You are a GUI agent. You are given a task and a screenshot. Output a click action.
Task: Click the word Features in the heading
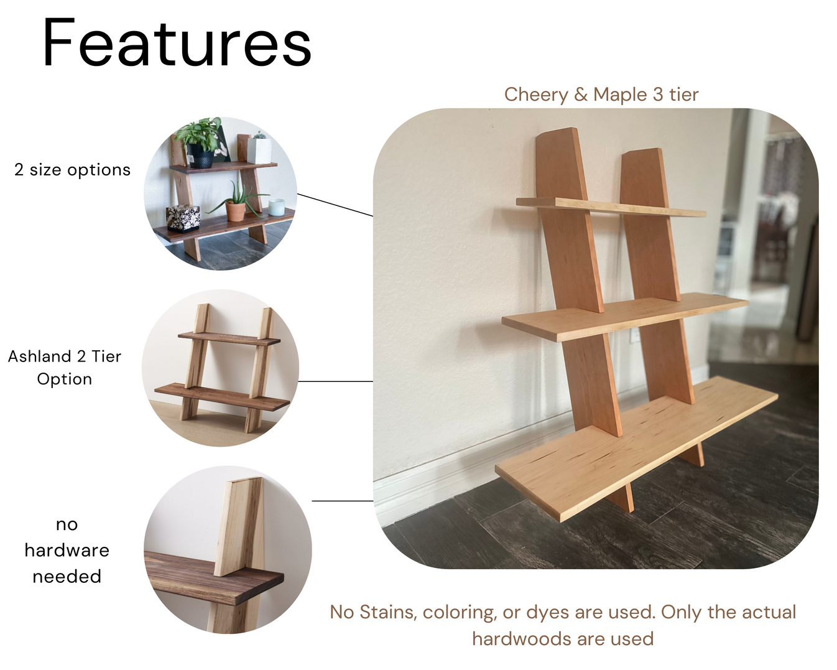click(177, 44)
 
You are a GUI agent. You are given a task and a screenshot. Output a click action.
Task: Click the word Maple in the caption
click(619, 95)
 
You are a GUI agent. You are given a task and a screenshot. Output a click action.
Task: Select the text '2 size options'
click(72, 170)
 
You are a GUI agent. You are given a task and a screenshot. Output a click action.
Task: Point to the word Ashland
click(39, 356)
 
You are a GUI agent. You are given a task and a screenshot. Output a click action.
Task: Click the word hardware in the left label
click(67, 551)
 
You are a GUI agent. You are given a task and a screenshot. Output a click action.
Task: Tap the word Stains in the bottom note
click(388, 612)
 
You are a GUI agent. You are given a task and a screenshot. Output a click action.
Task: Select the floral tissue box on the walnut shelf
click(183, 217)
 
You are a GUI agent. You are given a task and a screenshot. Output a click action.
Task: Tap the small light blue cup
click(276, 207)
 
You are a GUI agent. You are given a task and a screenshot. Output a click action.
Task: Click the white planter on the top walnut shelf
click(259, 149)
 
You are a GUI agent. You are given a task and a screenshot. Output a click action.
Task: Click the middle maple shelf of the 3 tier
click(622, 318)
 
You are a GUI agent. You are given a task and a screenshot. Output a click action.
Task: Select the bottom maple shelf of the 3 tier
click(634, 448)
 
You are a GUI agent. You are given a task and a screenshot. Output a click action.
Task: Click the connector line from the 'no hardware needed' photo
click(342, 500)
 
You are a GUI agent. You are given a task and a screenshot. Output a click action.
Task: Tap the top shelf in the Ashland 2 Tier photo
click(229, 338)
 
